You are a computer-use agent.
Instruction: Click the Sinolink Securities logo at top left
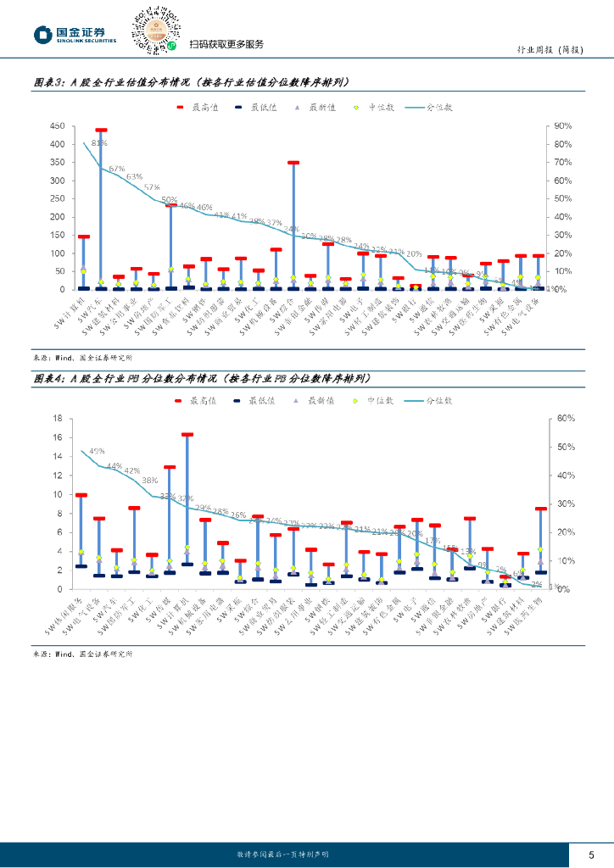coord(75,34)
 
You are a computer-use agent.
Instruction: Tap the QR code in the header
coord(156,31)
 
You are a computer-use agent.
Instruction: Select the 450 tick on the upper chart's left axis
coord(58,125)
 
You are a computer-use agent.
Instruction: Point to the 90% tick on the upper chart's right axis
coord(563,125)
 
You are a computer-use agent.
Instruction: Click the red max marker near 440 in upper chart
coord(101,131)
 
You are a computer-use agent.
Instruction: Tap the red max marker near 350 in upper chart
coord(293,162)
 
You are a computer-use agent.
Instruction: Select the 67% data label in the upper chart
coord(116,169)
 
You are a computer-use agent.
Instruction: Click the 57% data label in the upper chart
coord(152,187)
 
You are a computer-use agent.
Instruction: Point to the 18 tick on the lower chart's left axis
coord(59,418)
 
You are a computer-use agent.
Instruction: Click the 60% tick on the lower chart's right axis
coord(567,418)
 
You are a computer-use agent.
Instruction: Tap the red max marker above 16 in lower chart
coord(187,434)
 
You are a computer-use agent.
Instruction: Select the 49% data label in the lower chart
coord(97,450)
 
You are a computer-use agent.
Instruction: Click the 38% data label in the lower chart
coord(149,481)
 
